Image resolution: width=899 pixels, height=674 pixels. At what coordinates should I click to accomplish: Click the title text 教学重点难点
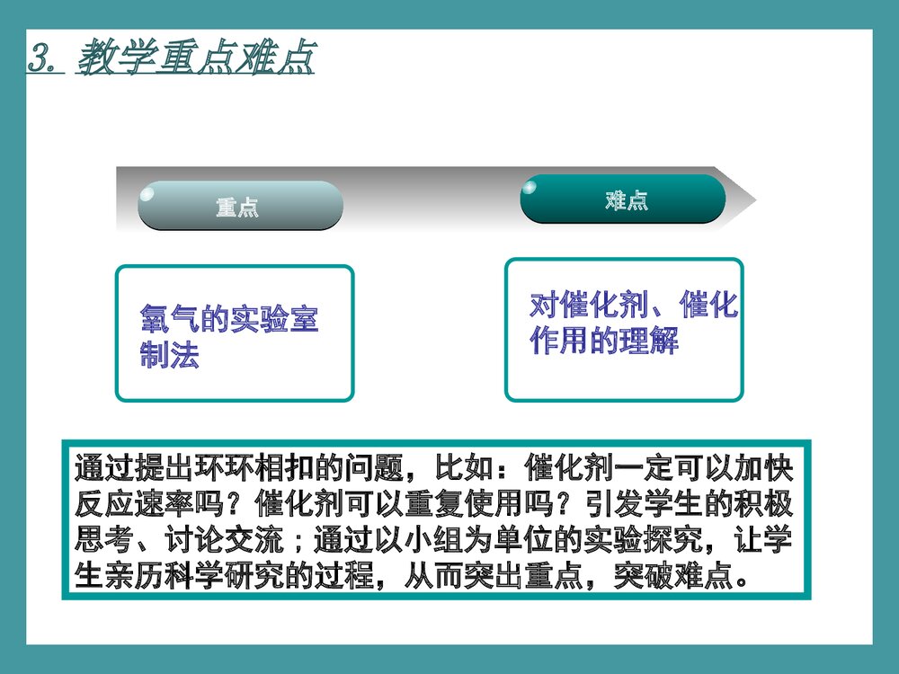pyautogui.click(x=196, y=58)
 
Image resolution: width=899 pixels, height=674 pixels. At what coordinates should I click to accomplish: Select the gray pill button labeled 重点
pyautogui.click(x=239, y=207)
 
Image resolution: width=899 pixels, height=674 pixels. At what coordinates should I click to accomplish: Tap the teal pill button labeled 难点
pyautogui.click(x=624, y=200)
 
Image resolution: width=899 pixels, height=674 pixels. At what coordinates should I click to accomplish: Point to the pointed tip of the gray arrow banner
pyautogui.click(x=753, y=200)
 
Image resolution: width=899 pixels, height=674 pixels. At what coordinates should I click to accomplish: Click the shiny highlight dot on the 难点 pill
pyautogui.click(x=530, y=187)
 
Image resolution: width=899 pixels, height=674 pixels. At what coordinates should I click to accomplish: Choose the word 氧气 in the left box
pyautogui.click(x=169, y=319)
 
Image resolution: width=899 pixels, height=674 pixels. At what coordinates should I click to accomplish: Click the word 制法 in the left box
pyautogui.click(x=169, y=355)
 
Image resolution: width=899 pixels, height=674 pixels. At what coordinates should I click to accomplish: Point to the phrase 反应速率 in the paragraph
pyautogui.click(x=135, y=505)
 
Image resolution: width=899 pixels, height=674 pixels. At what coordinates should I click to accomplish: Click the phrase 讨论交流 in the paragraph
pyautogui.click(x=223, y=540)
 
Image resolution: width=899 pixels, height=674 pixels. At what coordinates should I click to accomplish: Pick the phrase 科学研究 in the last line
pyautogui.click(x=193, y=576)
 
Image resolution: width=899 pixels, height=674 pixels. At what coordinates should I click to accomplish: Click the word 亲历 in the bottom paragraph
pyautogui.click(x=120, y=576)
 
